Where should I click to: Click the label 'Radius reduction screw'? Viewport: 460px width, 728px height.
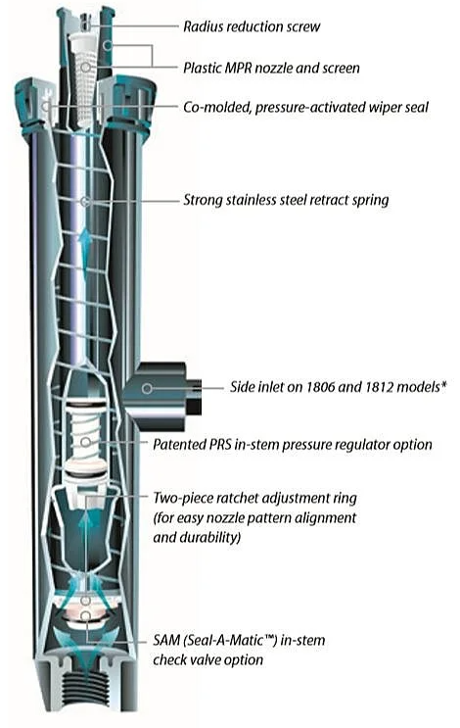tap(252, 26)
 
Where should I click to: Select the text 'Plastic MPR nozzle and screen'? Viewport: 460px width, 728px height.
tap(271, 69)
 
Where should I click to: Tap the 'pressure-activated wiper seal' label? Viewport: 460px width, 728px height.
tap(342, 107)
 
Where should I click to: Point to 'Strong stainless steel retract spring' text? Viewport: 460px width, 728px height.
tap(286, 200)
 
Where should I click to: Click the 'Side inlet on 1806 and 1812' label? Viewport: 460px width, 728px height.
tap(328, 387)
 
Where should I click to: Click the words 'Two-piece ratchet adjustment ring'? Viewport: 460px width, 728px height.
tap(255, 498)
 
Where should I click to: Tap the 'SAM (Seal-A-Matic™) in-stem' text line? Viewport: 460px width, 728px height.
tap(239, 640)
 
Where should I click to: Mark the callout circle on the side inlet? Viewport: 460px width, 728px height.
tap(147, 388)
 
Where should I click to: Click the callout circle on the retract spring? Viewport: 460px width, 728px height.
tap(85, 202)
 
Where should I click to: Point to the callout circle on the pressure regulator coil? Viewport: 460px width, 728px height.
tap(85, 442)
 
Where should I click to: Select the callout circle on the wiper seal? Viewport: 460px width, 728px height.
tap(46, 107)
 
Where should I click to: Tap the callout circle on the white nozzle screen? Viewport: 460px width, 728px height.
tap(85, 68)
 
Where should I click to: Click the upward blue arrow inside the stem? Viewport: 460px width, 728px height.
tap(84, 251)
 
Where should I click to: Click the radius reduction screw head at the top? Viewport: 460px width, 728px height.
tap(85, 20)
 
